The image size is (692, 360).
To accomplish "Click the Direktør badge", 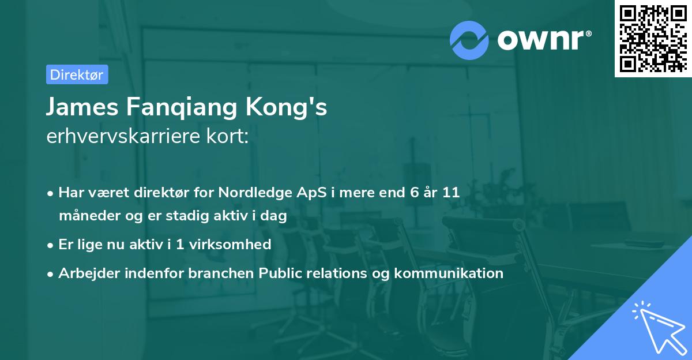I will coord(77,74).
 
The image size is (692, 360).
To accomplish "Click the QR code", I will coord(653,38).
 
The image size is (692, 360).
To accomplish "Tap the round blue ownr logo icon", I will coord(468,40).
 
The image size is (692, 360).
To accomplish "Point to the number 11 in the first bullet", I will coord(451,193).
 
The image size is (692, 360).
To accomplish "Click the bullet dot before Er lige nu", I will coord(51,245).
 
